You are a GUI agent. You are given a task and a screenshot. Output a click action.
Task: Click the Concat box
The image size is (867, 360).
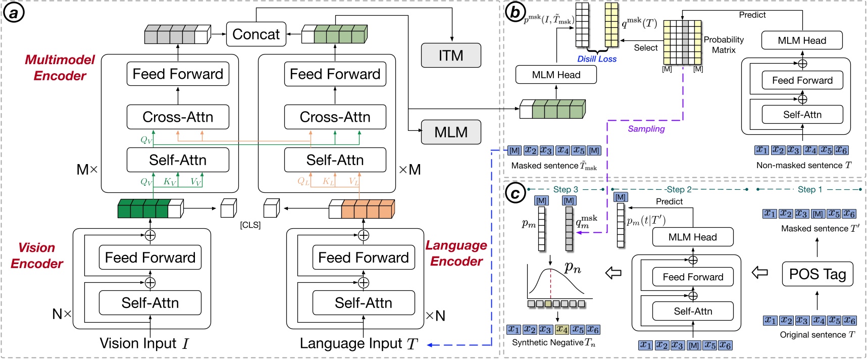[256, 34]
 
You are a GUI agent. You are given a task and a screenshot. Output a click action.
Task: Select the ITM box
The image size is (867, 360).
[451, 56]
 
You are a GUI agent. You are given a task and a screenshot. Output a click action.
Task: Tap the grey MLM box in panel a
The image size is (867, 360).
[451, 132]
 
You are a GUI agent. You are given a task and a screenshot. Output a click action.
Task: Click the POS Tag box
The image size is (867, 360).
[818, 274]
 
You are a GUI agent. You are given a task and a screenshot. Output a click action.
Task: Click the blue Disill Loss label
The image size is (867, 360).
[597, 59]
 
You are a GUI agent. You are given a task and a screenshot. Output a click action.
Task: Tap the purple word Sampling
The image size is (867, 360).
[646, 129]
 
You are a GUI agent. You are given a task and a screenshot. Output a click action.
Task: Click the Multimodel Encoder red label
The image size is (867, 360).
[60, 68]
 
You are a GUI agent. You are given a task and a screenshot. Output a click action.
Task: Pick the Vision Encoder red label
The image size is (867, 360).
[36, 255]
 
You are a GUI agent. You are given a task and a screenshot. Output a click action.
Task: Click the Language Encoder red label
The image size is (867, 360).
[456, 253]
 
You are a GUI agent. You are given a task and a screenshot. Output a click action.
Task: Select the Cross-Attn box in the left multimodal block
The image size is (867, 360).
[178, 117]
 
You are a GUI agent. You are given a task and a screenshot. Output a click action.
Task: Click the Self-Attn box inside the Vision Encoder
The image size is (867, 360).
[150, 303]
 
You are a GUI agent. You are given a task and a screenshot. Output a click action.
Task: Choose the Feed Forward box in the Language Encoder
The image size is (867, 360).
[363, 258]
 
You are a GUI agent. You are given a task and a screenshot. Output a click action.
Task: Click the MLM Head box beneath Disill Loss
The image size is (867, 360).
[556, 75]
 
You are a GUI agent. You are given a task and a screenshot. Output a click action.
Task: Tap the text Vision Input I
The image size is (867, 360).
[144, 344]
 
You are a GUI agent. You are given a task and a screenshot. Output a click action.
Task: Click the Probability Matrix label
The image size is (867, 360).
[724, 45]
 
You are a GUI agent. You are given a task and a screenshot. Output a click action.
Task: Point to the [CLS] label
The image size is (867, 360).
[250, 225]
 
